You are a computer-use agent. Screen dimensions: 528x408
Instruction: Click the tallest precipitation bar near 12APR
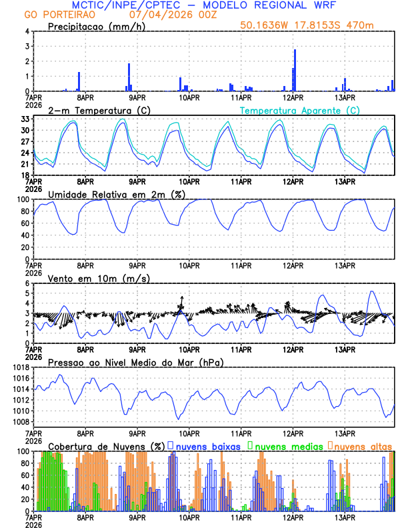[x=295, y=70]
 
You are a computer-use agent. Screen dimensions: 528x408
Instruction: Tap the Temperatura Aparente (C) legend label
[x=299, y=110]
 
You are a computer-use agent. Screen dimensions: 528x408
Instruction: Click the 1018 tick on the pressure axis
[x=20, y=367]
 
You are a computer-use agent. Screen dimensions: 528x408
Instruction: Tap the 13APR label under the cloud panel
[x=345, y=517]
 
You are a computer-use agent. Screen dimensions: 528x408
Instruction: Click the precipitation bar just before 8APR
[x=79, y=81]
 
